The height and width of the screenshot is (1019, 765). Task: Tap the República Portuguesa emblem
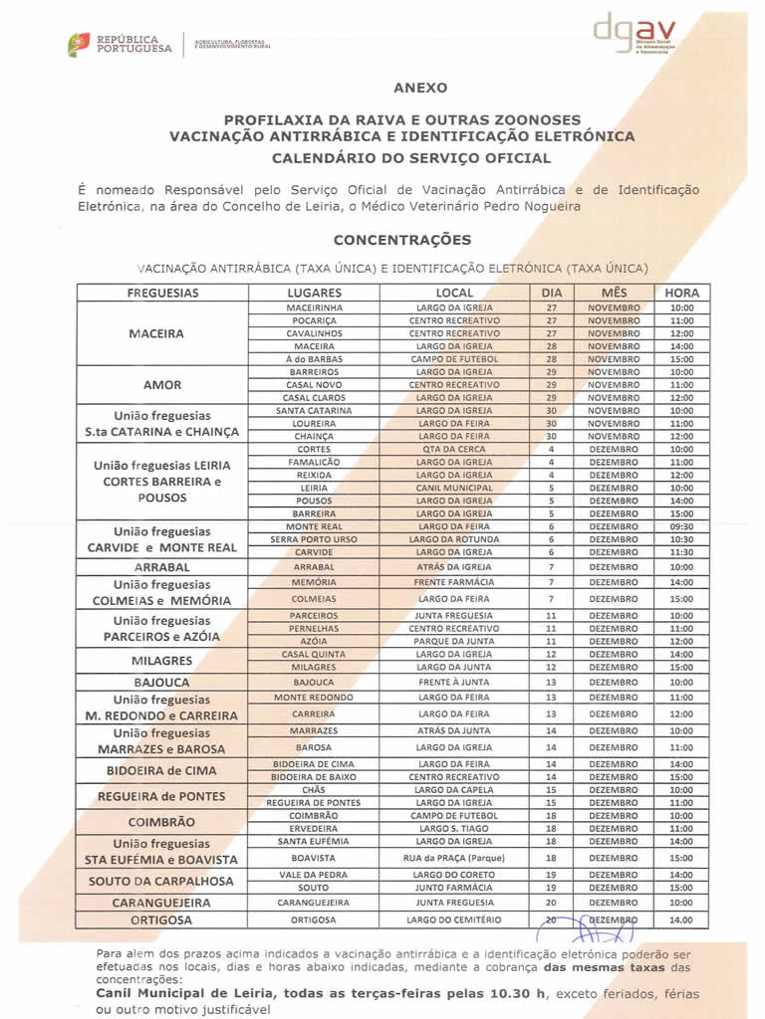pyautogui.click(x=79, y=43)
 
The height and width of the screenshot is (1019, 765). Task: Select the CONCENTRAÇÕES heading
pyautogui.click(x=401, y=240)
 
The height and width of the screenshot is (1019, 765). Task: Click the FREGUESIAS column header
pyautogui.click(x=162, y=294)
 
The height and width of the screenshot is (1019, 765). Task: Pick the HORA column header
pyautogui.click(x=682, y=294)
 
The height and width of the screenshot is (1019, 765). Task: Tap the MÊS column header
pyautogui.click(x=614, y=294)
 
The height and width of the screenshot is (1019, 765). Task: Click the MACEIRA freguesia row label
pyautogui.click(x=156, y=333)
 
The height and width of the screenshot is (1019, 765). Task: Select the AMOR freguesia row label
pyautogui.click(x=162, y=384)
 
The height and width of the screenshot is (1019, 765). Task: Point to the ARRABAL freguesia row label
pyautogui.click(x=162, y=566)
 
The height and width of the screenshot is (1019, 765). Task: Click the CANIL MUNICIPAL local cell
pyautogui.click(x=454, y=488)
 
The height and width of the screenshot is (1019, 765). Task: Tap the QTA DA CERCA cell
pyautogui.click(x=454, y=449)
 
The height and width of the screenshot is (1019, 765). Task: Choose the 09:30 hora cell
pyautogui.click(x=682, y=526)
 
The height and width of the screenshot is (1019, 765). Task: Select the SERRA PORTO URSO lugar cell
pyautogui.click(x=314, y=539)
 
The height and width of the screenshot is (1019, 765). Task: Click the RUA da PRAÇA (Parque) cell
pyautogui.click(x=454, y=858)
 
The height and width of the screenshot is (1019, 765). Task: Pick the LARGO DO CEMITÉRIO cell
pyautogui.click(x=454, y=919)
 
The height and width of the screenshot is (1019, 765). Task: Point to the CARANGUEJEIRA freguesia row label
pyautogui.click(x=162, y=903)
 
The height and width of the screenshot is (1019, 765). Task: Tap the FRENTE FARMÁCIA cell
pyautogui.click(x=454, y=582)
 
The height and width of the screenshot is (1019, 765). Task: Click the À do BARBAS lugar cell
pyautogui.click(x=314, y=358)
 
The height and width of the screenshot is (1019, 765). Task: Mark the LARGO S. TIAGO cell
pyautogui.click(x=454, y=828)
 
